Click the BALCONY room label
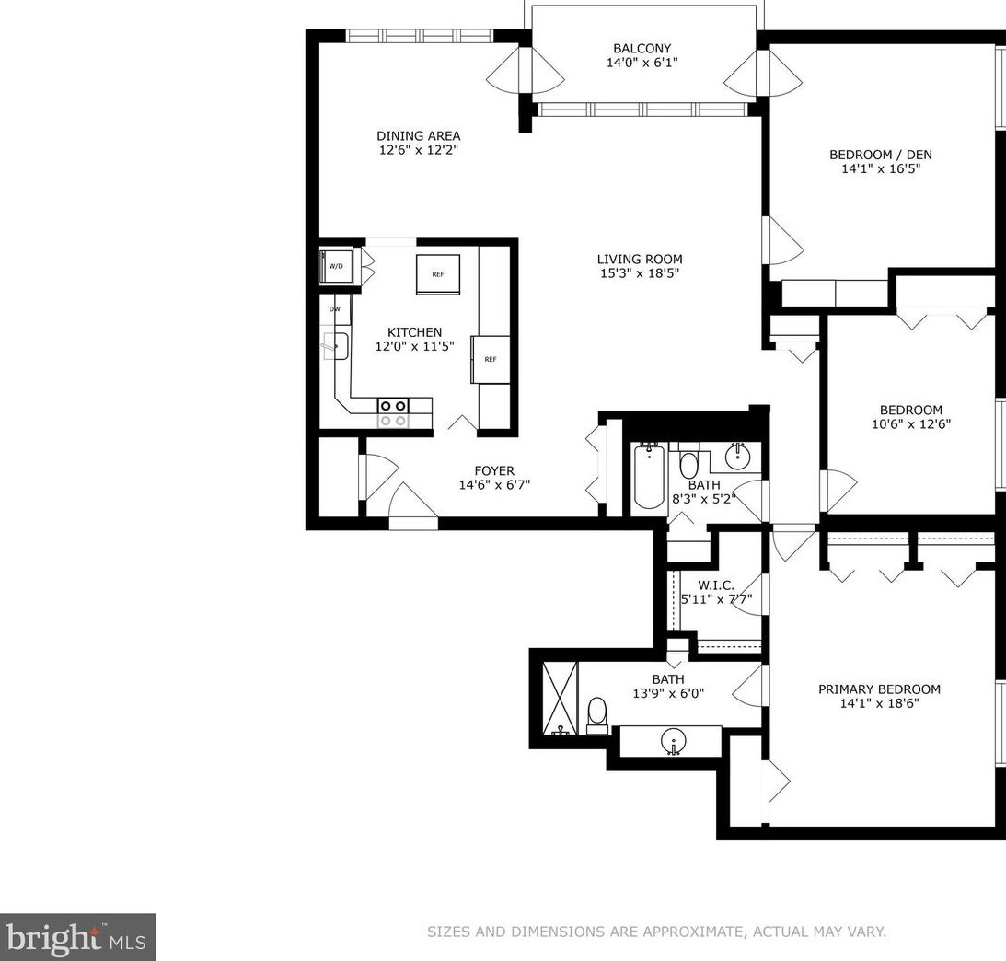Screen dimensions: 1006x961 [642, 48]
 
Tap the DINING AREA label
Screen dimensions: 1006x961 [418, 136]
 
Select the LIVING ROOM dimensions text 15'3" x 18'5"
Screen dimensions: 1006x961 [639, 273]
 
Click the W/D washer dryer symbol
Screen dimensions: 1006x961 [336, 266]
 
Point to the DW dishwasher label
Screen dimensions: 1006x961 [335, 309]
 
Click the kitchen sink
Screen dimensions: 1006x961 [335, 346]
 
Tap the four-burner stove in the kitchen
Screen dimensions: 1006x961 [393, 413]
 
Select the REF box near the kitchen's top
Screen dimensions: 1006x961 [437, 274]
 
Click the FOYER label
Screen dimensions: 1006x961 [494, 471]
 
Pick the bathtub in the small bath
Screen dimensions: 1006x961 [649, 476]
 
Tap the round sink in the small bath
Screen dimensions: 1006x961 [739, 456]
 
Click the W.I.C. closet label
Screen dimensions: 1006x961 [716, 585]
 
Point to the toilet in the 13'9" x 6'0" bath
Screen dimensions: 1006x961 [596, 714]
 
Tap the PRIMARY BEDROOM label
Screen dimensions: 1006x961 [880, 689]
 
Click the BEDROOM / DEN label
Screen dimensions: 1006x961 [881, 155]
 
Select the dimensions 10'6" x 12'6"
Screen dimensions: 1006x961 [911, 424]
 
